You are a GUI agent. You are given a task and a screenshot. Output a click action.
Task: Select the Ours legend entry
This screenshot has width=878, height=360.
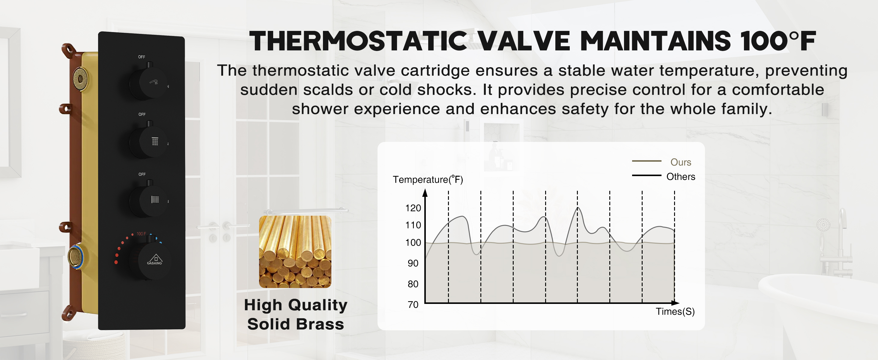tap(680, 162)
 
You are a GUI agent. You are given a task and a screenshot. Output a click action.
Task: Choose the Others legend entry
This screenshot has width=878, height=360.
tap(680, 177)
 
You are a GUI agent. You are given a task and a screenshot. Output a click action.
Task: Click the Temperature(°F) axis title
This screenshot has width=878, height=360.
tap(428, 180)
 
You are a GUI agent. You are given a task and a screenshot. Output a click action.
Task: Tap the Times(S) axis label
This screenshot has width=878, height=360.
tap(675, 311)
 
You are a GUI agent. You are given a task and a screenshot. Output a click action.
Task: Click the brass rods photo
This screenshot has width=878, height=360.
tap(295, 252)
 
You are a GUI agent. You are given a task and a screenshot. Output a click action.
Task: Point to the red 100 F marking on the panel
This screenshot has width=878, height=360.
tap(141, 234)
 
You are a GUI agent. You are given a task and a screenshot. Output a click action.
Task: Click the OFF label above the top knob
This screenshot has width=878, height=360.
tap(142, 57)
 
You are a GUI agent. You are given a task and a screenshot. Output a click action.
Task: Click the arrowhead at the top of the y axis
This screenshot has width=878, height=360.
tap(425, 193)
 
